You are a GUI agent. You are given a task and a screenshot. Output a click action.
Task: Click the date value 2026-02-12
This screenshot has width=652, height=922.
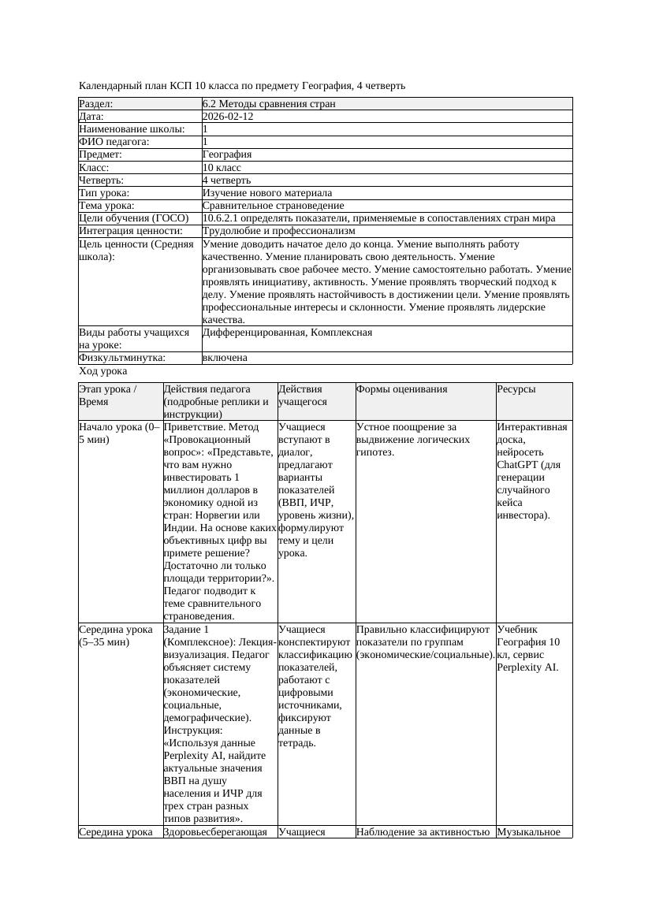click(x=228, y=117)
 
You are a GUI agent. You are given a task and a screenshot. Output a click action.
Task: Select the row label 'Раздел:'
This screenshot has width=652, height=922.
click(x=96, y=104)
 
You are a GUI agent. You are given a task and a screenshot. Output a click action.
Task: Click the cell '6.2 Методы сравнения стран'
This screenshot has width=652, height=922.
click(x=269, y=104)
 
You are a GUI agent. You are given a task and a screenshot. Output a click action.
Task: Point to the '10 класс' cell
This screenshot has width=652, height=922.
click(x=222, y=168)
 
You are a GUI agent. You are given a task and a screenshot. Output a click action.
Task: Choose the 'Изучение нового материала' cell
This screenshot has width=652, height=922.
click(x=267, y=193)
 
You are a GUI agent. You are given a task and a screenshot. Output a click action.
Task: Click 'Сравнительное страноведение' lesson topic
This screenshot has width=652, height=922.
click(x=273, y=206)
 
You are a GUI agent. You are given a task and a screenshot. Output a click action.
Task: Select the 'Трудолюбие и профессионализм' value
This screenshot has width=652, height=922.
click(x=278, y=232)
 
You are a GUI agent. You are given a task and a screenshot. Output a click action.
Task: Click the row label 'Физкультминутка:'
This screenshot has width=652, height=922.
click(x=122, y=358)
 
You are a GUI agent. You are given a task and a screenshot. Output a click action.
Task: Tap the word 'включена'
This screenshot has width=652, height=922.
click(x=225, y=358)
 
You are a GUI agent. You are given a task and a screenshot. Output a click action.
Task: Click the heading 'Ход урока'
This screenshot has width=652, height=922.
click(x=103, y=371)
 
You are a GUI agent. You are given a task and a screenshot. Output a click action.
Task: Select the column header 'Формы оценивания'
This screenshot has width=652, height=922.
click(x=402, y=389)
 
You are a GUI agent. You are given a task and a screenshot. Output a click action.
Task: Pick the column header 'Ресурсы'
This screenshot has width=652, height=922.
click(x=516, y=389)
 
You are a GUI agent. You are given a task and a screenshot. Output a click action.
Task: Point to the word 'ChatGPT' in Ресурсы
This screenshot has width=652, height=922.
click(x=517, y=465)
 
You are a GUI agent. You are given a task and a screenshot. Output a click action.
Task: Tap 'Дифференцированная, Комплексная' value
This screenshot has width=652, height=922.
click(x=288, y=333)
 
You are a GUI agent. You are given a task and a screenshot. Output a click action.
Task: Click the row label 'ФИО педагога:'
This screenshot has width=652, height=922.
click(x=114, y=142)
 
